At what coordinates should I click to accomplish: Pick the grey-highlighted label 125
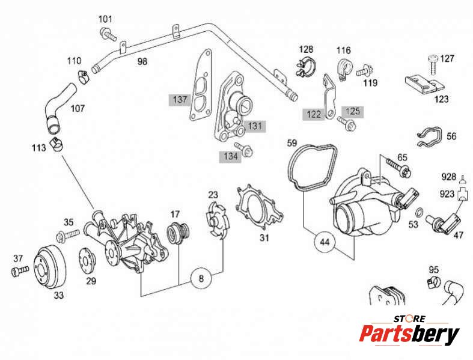coord(353,111)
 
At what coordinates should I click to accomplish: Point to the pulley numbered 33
coord(49,265)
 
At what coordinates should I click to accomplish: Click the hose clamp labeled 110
coord(82,75)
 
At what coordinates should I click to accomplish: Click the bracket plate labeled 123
coord(425,84)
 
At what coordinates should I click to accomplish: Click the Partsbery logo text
coord(409,334)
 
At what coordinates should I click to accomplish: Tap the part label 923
coord(447,194)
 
